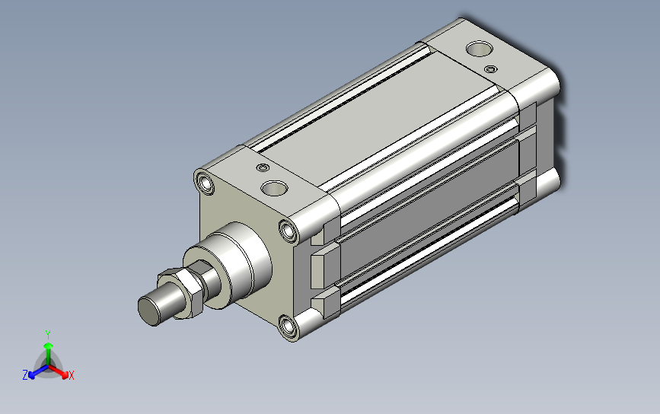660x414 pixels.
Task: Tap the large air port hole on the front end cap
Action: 274,188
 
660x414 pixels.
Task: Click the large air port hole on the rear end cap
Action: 479,49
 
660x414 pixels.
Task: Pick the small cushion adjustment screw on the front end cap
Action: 263,168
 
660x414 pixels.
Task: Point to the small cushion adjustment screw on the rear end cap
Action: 490,69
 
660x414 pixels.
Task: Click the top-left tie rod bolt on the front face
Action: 206,183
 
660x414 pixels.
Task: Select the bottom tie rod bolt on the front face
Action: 288,326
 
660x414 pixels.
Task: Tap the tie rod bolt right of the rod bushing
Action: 289,231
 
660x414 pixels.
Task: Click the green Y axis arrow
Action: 49,354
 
